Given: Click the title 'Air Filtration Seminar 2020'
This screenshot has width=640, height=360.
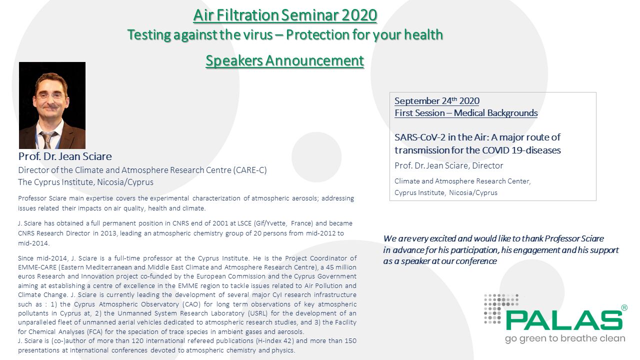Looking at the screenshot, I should [x=285, y=15].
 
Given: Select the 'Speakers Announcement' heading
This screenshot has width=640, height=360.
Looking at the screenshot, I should [x=285, y=60].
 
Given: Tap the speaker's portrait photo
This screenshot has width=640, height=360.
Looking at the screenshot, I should [x=52, y=105].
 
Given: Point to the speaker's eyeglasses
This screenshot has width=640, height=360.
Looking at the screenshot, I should [x=50, y=94].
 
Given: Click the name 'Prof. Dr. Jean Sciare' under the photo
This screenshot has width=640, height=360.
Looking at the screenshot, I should [x=65, y=156].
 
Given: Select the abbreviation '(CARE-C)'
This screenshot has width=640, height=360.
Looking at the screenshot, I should [x=250, y=170].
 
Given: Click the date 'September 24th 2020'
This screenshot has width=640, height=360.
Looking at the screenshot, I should [x=436, y=101].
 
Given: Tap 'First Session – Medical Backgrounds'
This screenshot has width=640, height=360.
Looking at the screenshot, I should [x=466, y=113].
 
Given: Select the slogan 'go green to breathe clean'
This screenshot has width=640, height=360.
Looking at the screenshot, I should [x=564, y=338].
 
